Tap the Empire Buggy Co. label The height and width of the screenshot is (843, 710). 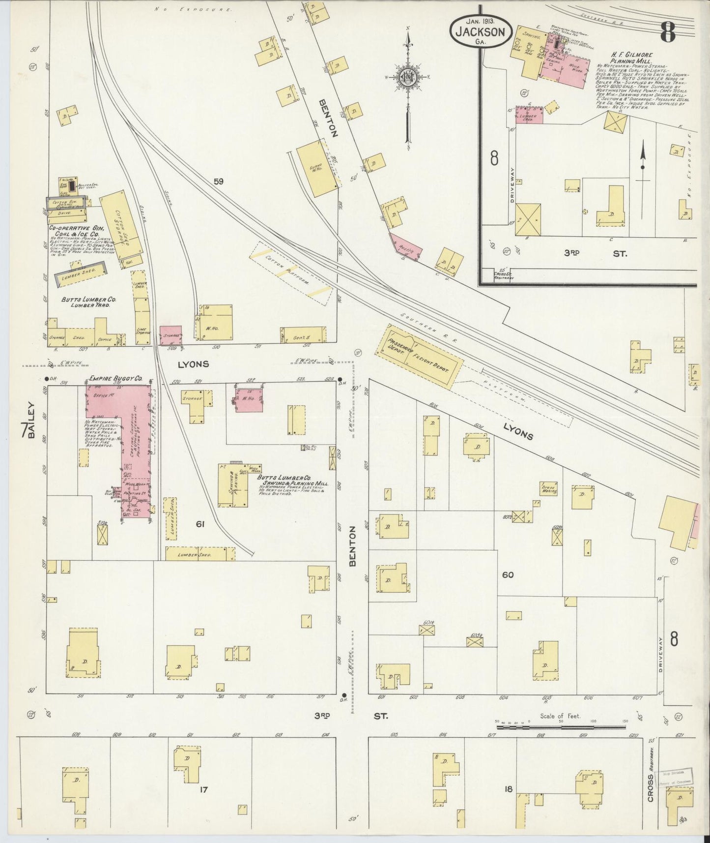pos(116,379)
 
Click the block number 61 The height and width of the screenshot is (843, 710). pos(200,524)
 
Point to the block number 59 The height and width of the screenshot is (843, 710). pos(219,181)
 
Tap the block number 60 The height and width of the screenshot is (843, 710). pos(508,574)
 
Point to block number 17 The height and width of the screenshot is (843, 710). pos(203,790)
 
